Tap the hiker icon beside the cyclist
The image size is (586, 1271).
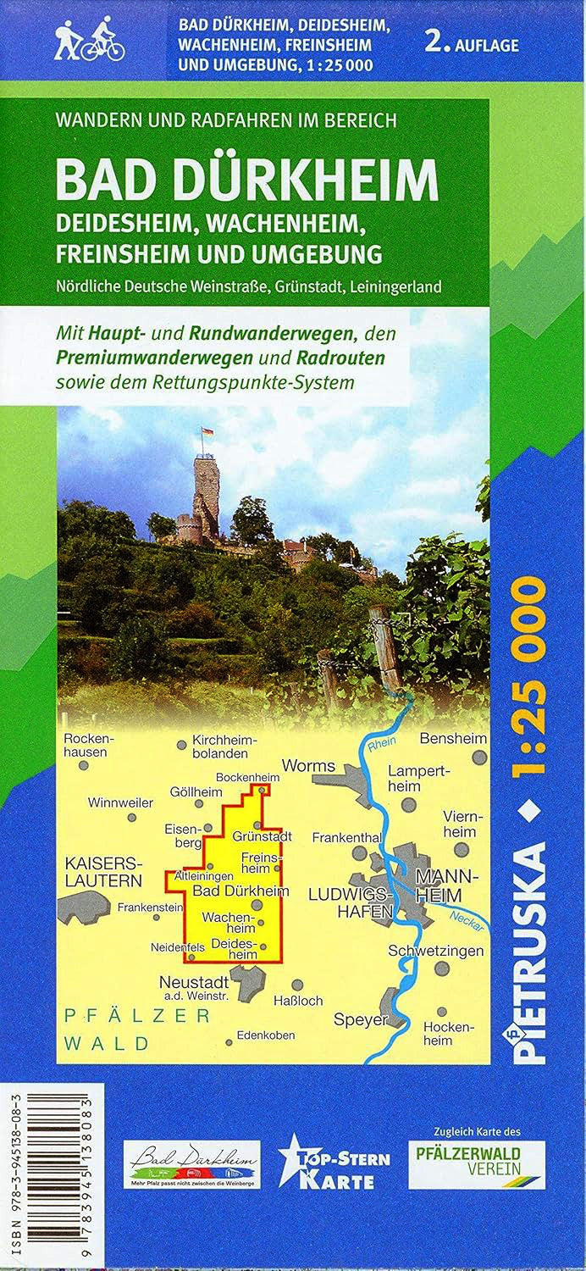tap(66, 41)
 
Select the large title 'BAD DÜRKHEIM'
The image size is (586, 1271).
tap(247, 180)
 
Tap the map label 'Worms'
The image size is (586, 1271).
tap(308, 765)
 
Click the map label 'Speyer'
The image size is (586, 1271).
tap(359, 1019)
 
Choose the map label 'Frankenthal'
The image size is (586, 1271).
tap(346, 837)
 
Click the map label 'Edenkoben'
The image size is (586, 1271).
tap(266, 1035)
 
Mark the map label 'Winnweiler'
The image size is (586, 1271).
tap(121, 802)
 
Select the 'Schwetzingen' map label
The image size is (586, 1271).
tap(435, 950)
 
